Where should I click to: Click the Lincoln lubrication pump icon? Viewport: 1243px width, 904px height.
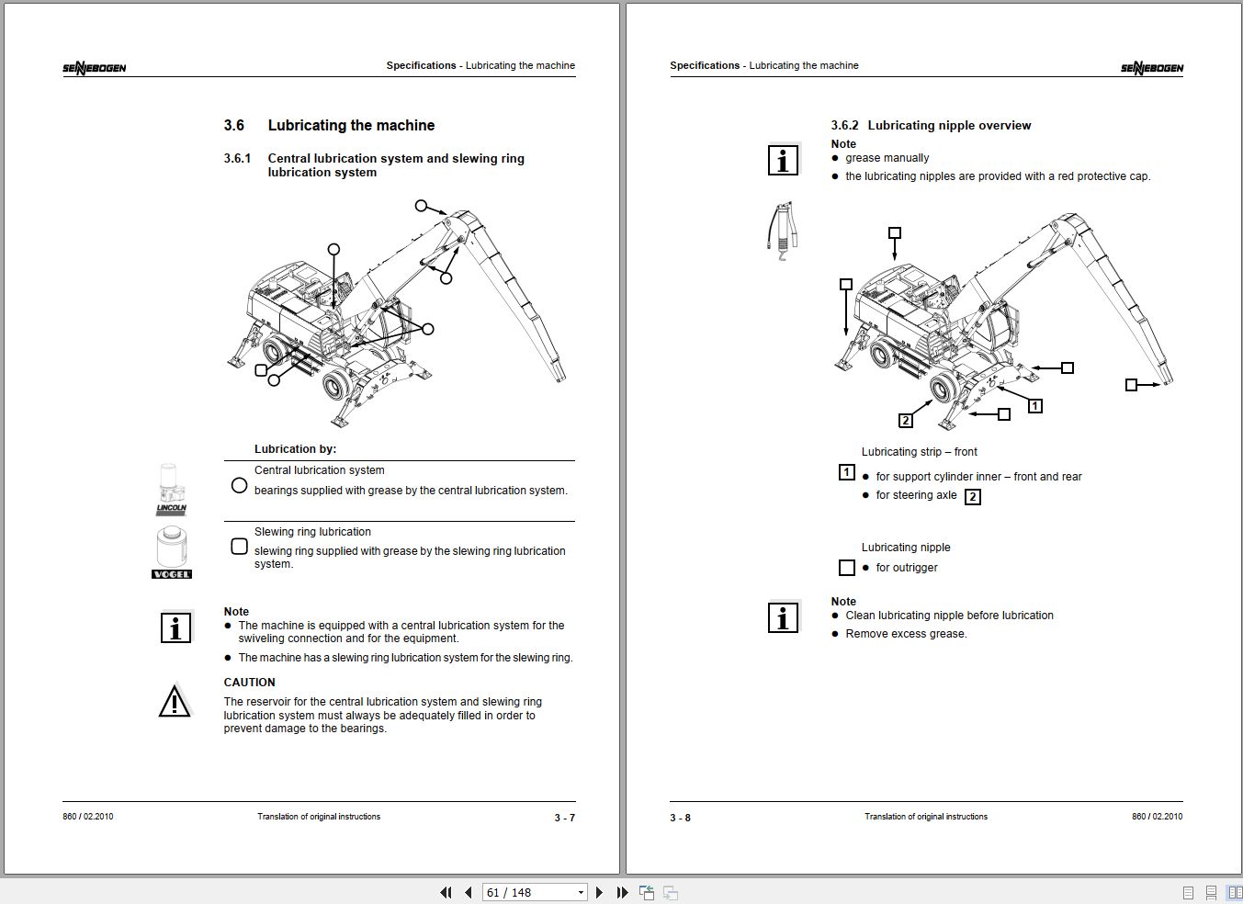171,489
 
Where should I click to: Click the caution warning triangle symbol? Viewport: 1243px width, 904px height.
175,702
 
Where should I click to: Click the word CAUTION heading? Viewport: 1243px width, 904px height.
249,683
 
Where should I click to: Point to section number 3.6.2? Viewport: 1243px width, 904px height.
844,126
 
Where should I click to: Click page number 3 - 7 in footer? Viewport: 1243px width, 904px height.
564,818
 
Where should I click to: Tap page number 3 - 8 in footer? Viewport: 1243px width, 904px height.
680,818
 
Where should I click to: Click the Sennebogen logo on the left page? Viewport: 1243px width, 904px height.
95,68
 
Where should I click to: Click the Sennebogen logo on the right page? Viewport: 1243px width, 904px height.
1151,68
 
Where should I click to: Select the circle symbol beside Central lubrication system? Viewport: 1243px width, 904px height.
240,485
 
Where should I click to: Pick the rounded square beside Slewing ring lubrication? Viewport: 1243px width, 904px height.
240,547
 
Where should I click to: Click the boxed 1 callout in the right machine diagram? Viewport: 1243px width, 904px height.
1034,406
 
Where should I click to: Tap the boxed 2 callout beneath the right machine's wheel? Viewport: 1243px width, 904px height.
906,421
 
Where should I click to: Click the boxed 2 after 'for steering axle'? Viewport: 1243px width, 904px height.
973,497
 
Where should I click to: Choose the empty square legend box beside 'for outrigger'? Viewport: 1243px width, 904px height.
847,569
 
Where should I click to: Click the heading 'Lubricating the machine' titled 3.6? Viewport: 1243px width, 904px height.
351,126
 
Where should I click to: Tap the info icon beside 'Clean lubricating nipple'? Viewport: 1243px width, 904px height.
783,618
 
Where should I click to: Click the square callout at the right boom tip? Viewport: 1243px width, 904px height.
1132,385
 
